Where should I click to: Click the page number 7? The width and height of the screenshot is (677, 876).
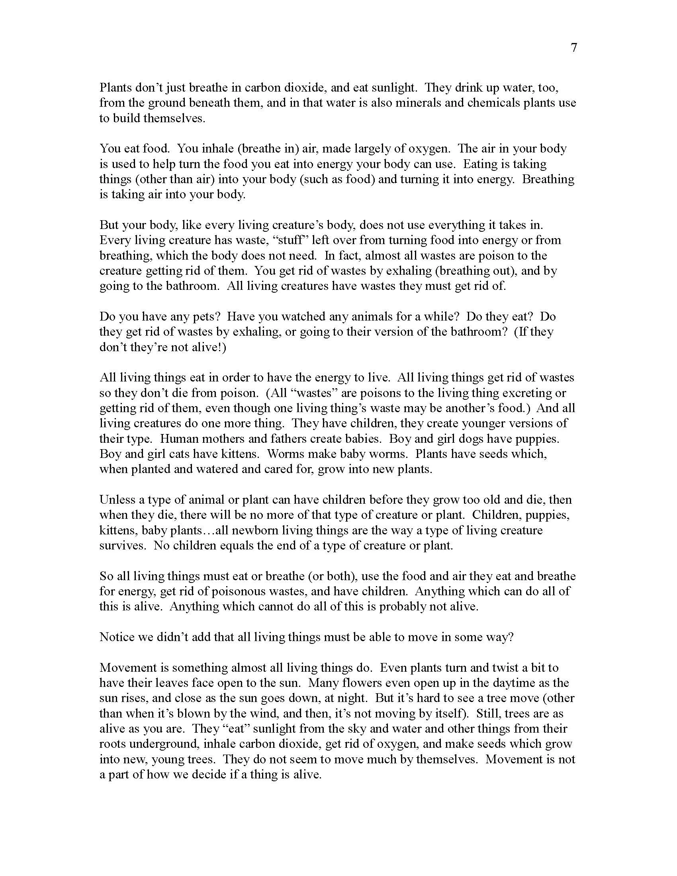pos(573,48)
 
